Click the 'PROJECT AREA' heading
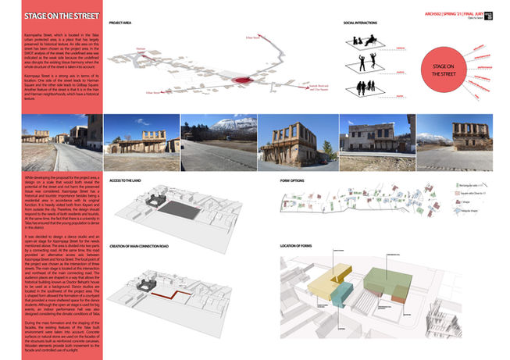122,24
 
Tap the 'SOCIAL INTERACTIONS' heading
362,24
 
